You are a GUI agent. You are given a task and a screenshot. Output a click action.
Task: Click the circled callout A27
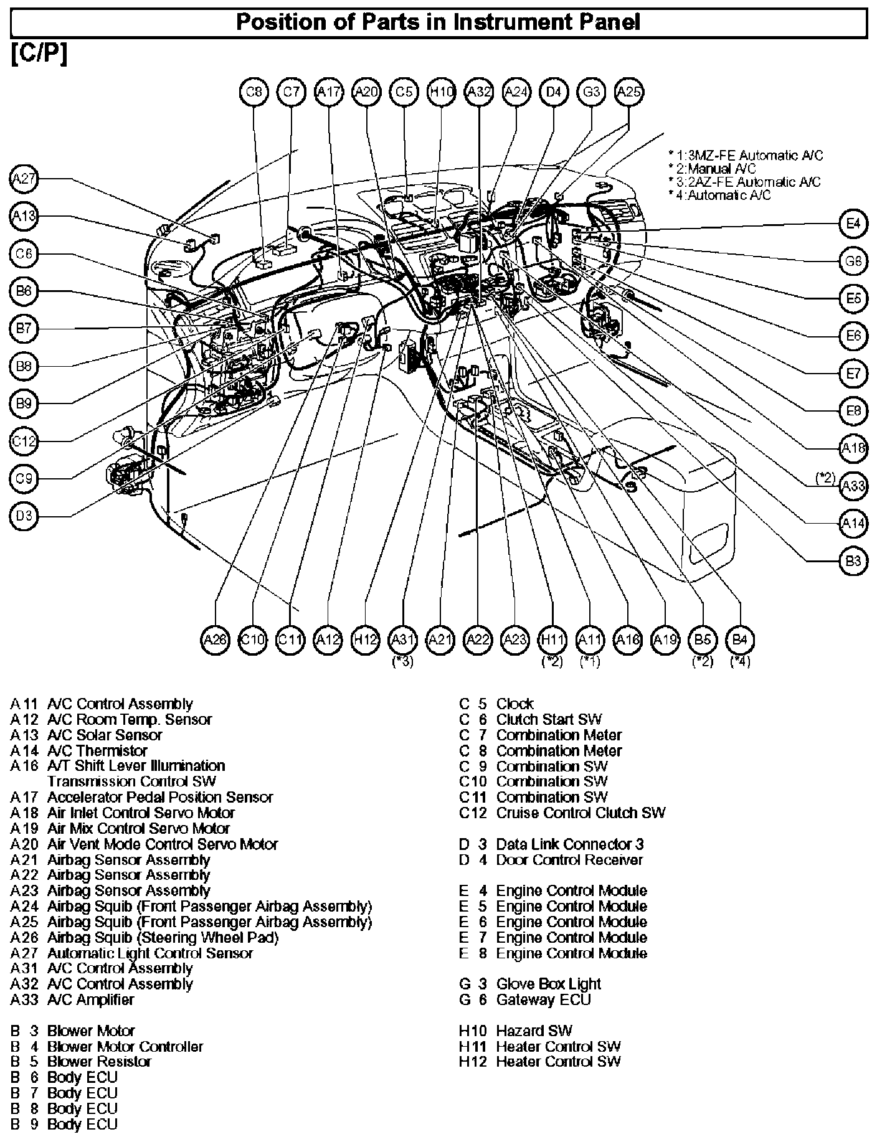(x=24, y=179)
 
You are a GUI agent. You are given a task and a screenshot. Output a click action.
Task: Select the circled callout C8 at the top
(x=254, y=92)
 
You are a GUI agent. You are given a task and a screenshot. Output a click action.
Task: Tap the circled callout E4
(x=853, y=224)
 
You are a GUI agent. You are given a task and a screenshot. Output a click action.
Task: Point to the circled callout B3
(x=853, y=561)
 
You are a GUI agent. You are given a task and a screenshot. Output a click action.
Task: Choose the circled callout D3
(x=24, y=517)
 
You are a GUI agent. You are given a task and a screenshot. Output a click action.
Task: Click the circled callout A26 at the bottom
(x=216, y=639)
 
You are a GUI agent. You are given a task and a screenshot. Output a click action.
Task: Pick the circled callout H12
(x=366, y=639)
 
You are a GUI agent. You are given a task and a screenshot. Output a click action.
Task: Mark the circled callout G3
(x=591, y=92)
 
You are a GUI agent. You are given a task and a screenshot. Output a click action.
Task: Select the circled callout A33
(x=853, y=486)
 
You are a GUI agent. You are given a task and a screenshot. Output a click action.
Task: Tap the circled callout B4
(x=740, y=639)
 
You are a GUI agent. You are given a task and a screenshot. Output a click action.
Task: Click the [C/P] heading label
(x=39, y=55)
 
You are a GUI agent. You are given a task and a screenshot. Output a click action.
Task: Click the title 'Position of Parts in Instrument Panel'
(x=438, y=23)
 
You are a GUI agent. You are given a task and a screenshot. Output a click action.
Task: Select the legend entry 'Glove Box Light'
(x=548, y=984)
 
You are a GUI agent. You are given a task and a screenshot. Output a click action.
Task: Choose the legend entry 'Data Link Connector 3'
(x=569, y=844)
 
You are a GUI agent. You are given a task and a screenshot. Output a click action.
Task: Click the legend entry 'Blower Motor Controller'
(x=125, y=1046)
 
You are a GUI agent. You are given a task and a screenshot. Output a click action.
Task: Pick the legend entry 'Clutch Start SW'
(x=549, y=720)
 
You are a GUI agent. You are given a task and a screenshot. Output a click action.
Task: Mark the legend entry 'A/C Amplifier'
(x=90, y=999)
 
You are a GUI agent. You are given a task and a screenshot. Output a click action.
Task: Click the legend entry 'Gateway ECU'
(x=543, y=999)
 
